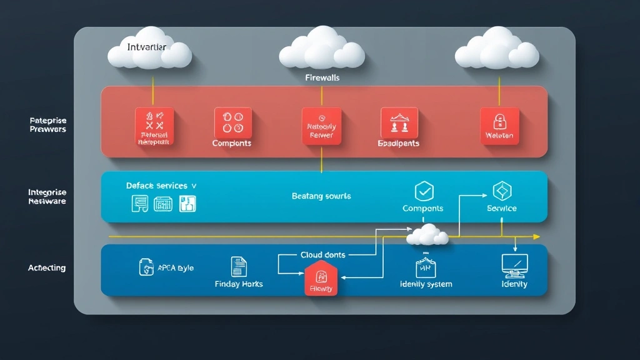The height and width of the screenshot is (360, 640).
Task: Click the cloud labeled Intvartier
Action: click(149, 50)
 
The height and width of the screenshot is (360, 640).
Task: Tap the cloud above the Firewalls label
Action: click(322, 49)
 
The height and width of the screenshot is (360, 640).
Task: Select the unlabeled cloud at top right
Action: click(497, 50)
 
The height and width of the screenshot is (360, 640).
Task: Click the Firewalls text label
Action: click(322, 78)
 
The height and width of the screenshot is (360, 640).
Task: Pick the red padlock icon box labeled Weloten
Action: click(499, 126)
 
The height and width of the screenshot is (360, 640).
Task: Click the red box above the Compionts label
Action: click(232, 122)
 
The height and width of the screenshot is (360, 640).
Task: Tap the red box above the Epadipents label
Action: click(399, 122)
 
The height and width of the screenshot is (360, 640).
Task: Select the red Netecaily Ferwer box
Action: click(321, 126)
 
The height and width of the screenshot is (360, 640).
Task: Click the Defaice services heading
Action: click(161, 186)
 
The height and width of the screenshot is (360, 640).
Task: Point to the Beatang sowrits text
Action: click(321, 196)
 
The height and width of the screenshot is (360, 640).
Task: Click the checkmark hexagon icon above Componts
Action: click(423, 191)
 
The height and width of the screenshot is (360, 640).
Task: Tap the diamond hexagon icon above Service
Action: click(502, 191)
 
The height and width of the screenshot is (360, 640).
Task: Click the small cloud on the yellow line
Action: click(427, 236)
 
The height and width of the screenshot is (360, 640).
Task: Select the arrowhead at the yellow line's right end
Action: click(536, 237)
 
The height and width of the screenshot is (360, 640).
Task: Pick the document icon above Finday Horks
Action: click(238, 266)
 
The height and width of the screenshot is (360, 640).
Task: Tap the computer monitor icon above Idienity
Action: click(514, 266)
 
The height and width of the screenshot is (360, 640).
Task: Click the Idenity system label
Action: click(425, 284)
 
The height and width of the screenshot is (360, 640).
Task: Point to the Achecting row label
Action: click(47, 268)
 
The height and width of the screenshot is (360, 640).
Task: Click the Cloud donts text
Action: click(322, 255)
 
